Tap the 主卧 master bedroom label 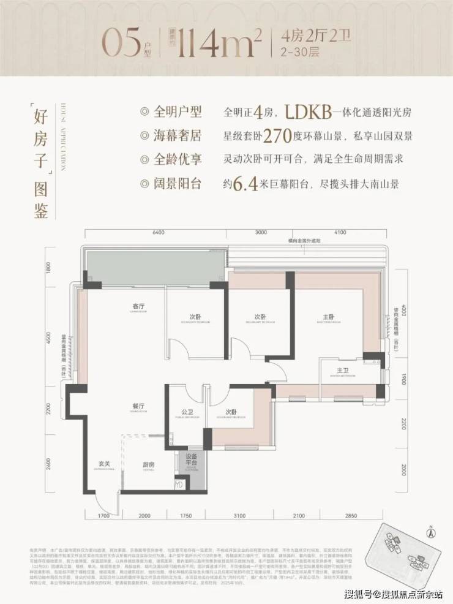pyautogui.click(x=329, y=317)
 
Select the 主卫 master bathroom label pyautogui.click(x=342, y=371)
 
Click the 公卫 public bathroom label pyautogui.click(x=187, y=412)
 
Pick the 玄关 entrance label pyautogui.click(x=103, y=464)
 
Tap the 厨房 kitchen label pyautogui.click(x=148, y=464)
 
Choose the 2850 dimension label pyautogui.click(x=350, y=516)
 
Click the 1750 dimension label pyautogui.click(x=185, y=516)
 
